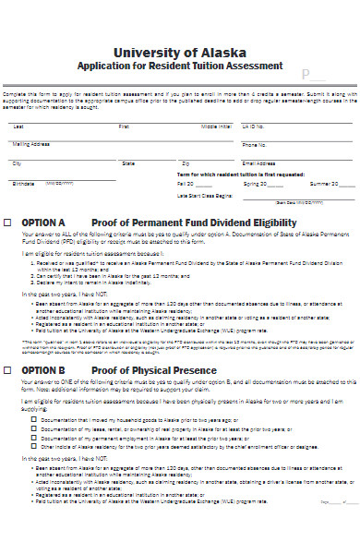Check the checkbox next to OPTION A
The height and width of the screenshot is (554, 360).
8,223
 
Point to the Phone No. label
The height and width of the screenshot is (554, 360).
254,145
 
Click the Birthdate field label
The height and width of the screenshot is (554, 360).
24,183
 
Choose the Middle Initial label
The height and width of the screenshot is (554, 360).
216,126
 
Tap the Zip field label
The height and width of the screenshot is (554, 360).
186,163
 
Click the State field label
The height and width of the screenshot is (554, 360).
128,163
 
